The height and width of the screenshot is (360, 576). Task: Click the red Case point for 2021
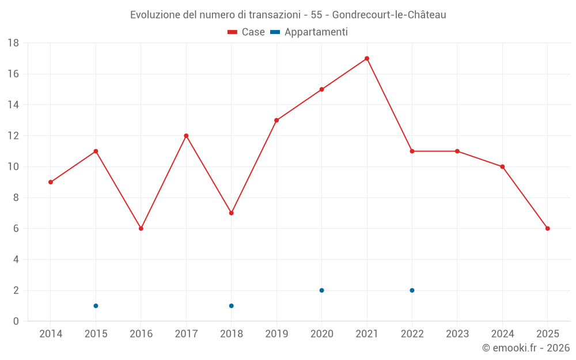tap(367, 58)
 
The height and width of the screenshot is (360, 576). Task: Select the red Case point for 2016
tap(141, 229)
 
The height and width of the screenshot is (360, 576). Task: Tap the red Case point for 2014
tap(51, 182)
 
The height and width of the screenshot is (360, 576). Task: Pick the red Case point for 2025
tap(548, 229)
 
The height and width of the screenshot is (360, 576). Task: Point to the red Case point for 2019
tap(276, 120)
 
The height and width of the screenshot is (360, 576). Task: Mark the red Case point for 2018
tap(232, 213)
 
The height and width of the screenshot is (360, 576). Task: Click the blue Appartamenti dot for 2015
tap(96, 306)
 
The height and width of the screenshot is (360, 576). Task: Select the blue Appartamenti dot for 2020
tap(321, 290)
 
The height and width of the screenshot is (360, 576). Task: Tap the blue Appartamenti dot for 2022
tap(412, 290)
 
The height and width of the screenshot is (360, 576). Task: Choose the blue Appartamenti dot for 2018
tap(232, 306)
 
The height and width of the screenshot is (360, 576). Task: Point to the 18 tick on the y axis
tap(13, 43)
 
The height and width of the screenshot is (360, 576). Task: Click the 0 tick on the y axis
tap(16, 321)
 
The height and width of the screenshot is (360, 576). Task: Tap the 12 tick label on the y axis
tap(13, 136)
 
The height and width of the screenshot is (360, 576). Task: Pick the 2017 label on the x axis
tap(186, 334)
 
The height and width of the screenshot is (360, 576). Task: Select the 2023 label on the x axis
tap(457, 334)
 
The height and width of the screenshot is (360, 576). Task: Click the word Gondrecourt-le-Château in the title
tap(389, 15)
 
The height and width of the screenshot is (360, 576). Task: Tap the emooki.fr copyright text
tap(526, 348)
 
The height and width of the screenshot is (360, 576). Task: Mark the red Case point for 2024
tap(502, 166)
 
